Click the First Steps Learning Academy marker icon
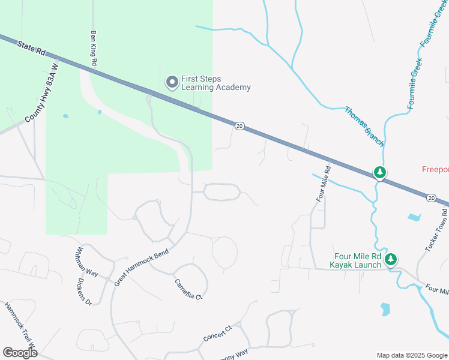click(x=172, y=82)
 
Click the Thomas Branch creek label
click(x=364, y=127)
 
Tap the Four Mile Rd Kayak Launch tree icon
click(x=391, y=259)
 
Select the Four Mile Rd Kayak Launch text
click(x=355, y=260)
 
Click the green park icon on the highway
click(x=379, y=173)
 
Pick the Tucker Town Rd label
click(x=438, y=234)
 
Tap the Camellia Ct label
click(x=188, y=289)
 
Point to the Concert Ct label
click(x=217, y=334)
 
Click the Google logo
click(x=20, y=353)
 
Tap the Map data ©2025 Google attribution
click(x=411, y=355)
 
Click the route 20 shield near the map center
click(x=240, y=126)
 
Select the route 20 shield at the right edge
click(x=432, y=197)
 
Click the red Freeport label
click(x=435, y=169)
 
